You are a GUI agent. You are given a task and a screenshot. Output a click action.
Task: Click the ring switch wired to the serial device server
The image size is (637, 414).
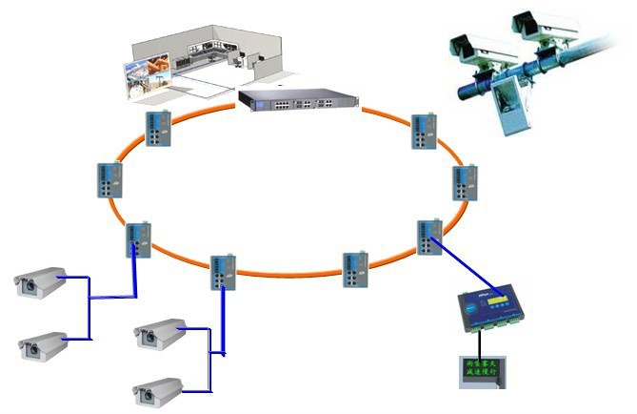click(428, 236)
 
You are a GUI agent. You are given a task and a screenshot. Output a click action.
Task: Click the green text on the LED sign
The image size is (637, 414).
click(483, 367)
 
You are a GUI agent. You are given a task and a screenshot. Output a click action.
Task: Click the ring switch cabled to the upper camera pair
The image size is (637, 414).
click(138, 238)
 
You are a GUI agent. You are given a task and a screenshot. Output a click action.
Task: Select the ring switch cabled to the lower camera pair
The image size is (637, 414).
click(222, 272)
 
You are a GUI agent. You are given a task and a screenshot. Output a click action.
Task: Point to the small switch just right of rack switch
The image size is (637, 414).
click(422, 132)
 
